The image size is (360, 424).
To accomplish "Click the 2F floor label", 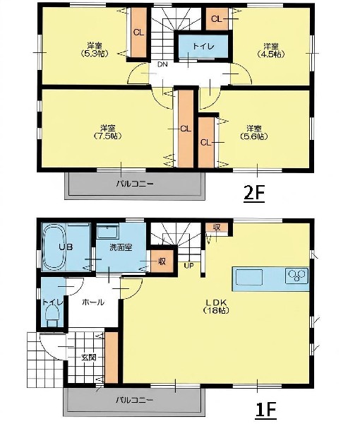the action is [254, 193].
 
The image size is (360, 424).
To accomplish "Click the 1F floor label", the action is [265, 410].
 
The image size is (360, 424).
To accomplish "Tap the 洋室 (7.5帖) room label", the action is [107, 131].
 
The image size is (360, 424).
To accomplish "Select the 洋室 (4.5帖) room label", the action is [271, 50].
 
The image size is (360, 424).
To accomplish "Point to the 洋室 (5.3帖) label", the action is [95, 49].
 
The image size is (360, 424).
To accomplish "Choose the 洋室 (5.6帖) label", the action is [254, 132].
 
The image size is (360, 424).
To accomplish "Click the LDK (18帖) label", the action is [216, 306].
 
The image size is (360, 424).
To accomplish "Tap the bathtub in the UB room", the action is [54, 247].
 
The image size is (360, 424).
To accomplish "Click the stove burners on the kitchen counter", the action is [296, 276].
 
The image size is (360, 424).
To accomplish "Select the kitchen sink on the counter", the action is [249, 277].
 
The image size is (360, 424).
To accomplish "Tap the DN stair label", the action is [162, 64].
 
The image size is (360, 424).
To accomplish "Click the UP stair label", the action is [188, 266].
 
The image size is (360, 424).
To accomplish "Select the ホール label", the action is [93, 302].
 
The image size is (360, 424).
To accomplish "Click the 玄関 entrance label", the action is [88, 358].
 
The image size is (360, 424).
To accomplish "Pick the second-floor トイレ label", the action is [203, 46].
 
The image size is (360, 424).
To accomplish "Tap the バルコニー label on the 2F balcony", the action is [135, 184].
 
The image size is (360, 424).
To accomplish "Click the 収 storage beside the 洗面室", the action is [162, 261].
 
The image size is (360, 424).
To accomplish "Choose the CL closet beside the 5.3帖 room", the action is [139, 33].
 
